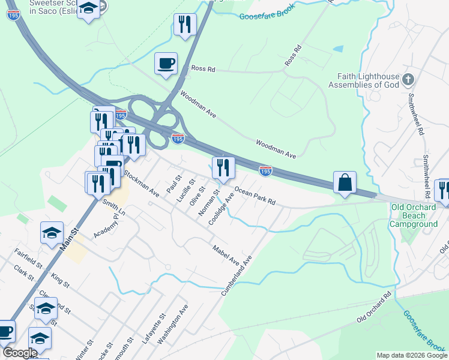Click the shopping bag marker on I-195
[x=345, y=183]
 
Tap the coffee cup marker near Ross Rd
[x=166, y=64]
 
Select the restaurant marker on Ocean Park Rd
[x=223, y=169]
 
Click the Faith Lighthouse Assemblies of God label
[x=364, y=80]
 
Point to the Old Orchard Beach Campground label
[x=414, y=215]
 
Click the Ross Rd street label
[x=203, y=69]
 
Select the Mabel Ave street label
[x=226, y=255]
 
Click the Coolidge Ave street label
[x=220, y=209]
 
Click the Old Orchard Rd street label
[x=374, y=307]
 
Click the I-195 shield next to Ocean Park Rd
[x=265, y=171]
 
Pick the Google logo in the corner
[x=20, y=353]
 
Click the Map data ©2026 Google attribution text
[x=412, y=355]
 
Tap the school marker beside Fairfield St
[x=52, y=233]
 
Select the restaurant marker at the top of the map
[x=185, y=25]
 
